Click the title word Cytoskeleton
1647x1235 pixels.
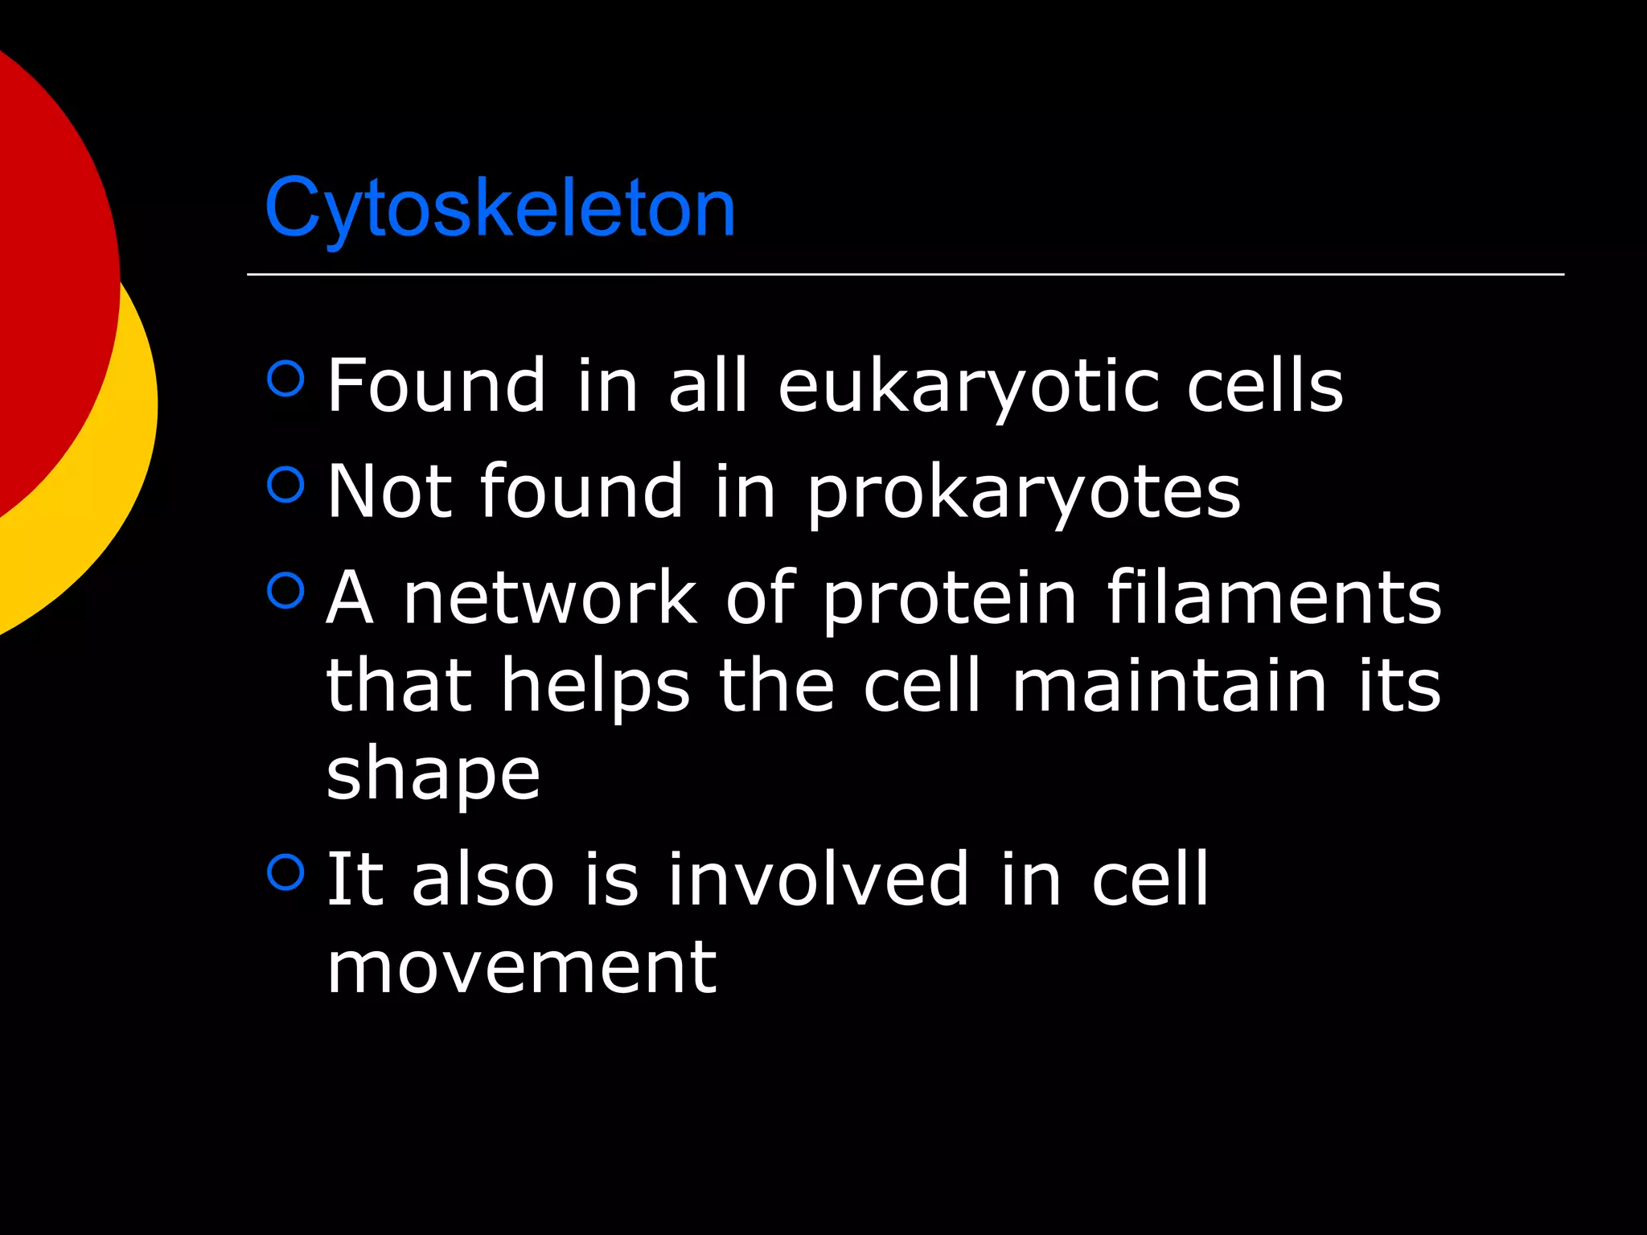point(499,208)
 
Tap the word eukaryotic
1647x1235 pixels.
point(967,388)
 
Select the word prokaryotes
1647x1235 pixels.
point(1024,493)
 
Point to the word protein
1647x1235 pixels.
point(950,600)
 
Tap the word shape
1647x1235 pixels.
point(433,775)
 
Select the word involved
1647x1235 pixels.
point(818,880)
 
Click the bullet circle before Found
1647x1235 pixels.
point(285,378)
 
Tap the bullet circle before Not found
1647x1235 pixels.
point(285,484)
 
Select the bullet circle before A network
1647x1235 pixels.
point(285,590)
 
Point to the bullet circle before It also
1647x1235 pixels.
point(285,872)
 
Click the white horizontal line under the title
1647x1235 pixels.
point(905,274)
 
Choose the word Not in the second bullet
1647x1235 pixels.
point(389,492)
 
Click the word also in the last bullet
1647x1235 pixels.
point(483,880)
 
